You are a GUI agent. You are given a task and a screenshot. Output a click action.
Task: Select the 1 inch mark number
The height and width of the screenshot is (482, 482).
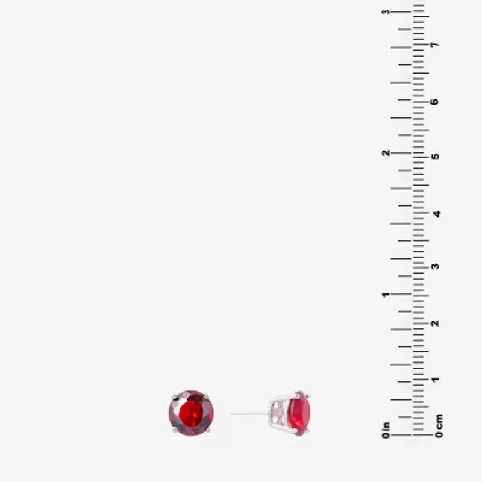point(385,295)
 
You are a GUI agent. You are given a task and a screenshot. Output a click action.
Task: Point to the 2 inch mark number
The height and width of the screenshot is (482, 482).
point(385,153)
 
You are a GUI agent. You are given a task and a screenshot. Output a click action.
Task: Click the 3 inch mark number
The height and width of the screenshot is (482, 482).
point(385,12)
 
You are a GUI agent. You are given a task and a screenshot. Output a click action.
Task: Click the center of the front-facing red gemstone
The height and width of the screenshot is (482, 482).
point(190,413)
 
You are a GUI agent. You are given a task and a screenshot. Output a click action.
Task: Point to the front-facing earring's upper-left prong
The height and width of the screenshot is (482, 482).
point(174,396)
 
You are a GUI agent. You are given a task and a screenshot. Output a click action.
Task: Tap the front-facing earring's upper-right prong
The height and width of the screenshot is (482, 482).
point(207,396)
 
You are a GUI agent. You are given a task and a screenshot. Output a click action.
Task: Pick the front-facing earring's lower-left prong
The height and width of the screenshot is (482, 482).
point(174,430)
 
